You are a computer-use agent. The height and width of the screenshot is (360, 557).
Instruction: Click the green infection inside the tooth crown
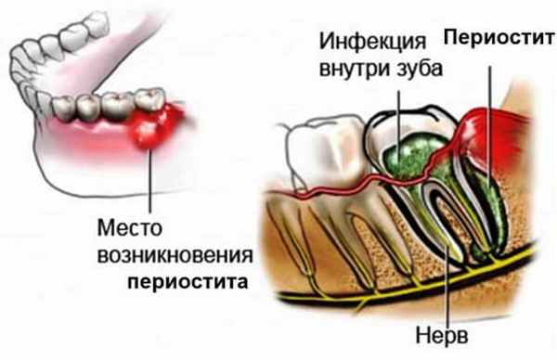[x=405, y=148]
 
